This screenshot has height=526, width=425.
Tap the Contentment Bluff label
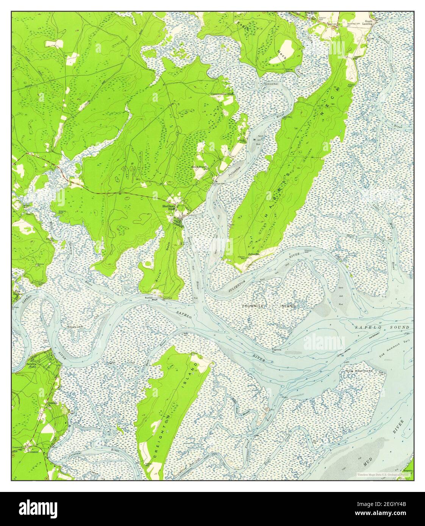coord(224,94)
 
